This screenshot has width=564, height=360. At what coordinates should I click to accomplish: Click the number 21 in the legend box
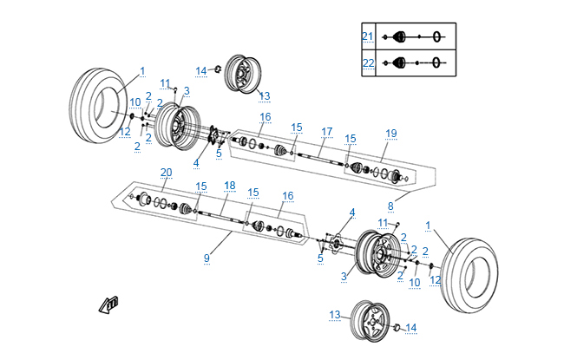367,36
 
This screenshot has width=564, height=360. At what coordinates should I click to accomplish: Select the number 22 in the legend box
367,62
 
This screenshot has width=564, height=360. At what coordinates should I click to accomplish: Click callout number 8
391,206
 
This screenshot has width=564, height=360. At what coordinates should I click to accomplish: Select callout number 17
327,131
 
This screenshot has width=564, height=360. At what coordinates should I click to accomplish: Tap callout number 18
229,185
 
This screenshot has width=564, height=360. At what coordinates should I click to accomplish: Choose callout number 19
391,133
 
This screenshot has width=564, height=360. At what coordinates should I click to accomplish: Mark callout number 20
166,172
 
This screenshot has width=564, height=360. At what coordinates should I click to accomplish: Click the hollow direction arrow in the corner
109,304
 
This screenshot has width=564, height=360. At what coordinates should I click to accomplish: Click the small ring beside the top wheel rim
218,69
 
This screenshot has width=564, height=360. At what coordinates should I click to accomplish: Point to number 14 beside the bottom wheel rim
411,327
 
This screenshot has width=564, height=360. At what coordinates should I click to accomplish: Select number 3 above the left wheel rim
187,90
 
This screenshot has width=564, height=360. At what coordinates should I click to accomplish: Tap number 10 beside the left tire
134,102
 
